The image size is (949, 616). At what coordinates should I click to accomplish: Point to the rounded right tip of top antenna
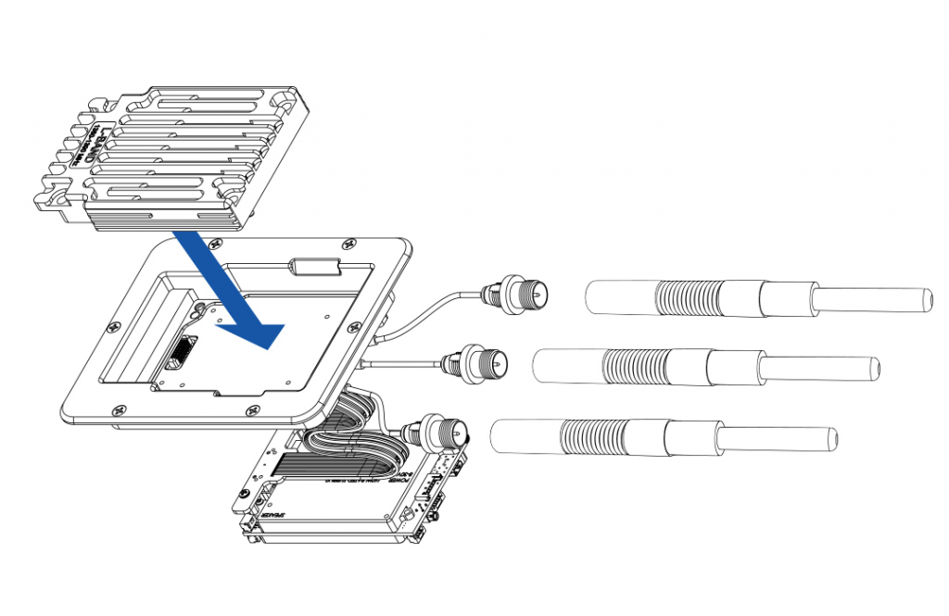926,301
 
